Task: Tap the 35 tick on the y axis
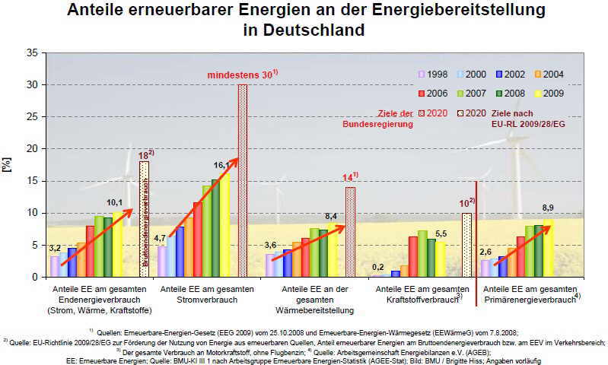[x=31, y=53]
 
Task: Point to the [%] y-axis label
[x=9, y=165]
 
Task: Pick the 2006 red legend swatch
[x=421, y=94]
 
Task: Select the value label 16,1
[x=222, y=165]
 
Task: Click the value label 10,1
[x=114, y=202]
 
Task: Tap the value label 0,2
[x=379, y=267]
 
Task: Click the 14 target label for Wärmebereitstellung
[x=349, y=178]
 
